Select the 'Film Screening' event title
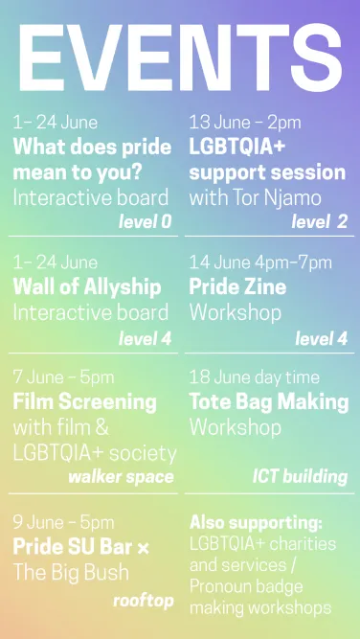tap(84, 400)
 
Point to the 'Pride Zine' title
tap(237, 286)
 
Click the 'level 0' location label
tap(145, 223)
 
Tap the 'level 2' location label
tap(319, 223)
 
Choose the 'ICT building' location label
tap(300, 476)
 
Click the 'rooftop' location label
tap(143, 601)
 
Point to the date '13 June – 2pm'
tap(245, 123)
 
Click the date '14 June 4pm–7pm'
tap(260, 262)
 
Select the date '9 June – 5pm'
tap(64, 523)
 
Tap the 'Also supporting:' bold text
tap(256, 523)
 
